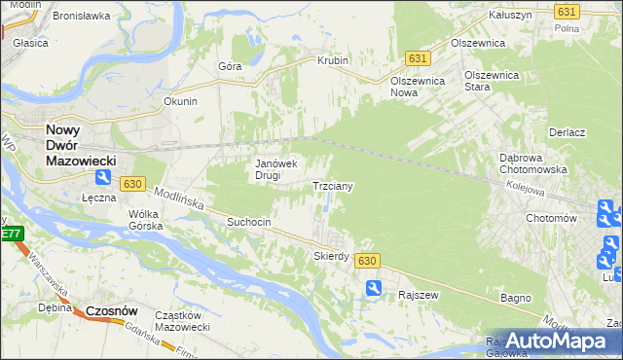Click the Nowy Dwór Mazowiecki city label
(x=82, y=146)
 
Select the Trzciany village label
(x=332, y=185)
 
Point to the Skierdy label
(x=331, y=256)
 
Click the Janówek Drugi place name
(x=281, y=169)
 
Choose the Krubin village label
(x=332, y=60)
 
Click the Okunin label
(x=181, y=101)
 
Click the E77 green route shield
(x=11, y=234)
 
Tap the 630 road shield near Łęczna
(x=133, y=183)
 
